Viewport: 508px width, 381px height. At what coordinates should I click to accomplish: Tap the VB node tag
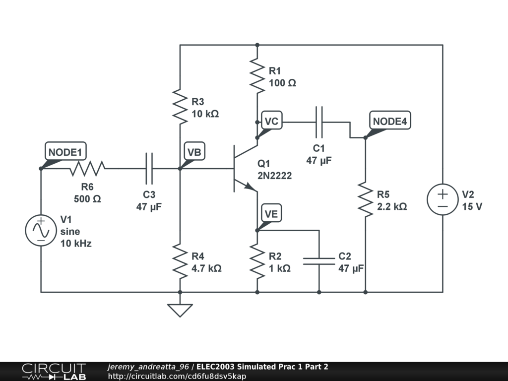(194, 152)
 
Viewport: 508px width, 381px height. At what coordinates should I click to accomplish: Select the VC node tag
(271, 122)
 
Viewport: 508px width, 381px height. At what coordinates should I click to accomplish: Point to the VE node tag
(271, 214)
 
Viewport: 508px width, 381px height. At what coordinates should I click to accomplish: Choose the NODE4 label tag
(390, 122)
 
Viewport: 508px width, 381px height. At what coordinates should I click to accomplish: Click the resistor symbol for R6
(87, 169)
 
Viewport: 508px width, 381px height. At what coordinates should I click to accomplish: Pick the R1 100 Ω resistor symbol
(257, 76)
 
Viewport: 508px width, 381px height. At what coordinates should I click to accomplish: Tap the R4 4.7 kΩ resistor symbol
(180, 261)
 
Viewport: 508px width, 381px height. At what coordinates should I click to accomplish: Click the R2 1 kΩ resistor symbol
(257, 261)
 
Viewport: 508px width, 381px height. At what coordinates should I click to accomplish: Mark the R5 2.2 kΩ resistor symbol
(365, 199)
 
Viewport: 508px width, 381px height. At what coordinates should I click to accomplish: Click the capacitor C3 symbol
(149, 169)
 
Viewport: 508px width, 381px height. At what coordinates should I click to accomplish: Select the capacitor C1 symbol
(319, 122)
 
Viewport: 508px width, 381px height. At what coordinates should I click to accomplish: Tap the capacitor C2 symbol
(319, 261)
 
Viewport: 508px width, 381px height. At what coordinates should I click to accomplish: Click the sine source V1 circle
(41, 231)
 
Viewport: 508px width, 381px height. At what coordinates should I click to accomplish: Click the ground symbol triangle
(180, 310)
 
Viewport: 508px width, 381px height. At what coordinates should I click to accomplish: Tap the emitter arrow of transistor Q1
(251, 187)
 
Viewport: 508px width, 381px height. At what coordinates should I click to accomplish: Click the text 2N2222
(274, 176)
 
